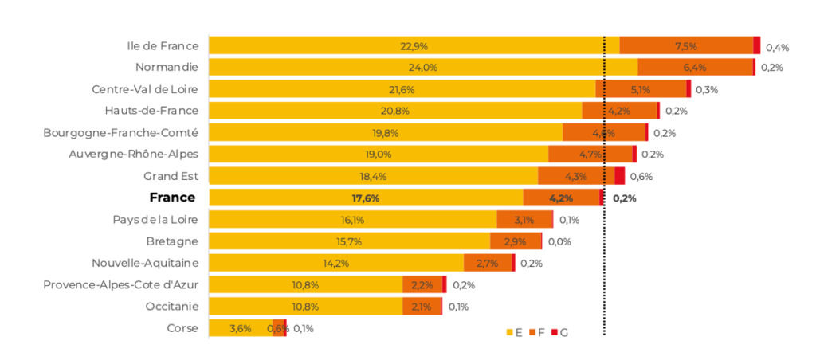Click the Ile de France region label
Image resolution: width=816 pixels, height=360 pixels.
pos(163,45)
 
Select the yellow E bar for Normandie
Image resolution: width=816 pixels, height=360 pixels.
pos(422,67)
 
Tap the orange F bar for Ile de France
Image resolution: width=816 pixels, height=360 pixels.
pos(686,45)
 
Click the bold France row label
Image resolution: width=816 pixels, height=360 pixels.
pos(172,197)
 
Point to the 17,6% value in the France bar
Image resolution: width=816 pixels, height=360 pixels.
pos(365,198)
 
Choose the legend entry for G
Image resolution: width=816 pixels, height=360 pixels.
pos(559,331)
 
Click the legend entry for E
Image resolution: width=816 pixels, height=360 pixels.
pos(514,331)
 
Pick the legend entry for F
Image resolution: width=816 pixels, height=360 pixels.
pos(535,331)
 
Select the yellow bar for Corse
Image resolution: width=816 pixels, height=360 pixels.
pos(240,327)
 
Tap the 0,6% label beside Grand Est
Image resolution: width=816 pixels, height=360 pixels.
pos(641,176)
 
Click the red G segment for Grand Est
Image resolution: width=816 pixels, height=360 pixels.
pos(619,176)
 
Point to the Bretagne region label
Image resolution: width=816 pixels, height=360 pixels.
pos(172,241)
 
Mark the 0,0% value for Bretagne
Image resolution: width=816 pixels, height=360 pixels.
pos(559,241)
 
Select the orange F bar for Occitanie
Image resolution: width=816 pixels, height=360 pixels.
pos(422,306)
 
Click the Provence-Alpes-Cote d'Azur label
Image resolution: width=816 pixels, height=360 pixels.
pos(120,284)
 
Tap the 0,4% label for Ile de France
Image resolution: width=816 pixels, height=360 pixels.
pos(777,47)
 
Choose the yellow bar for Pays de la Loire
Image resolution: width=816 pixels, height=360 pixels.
pos(352,219)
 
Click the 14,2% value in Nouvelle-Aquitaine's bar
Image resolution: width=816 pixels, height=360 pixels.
pos(335,263)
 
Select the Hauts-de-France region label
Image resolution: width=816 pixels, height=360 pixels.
pos(151,111)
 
